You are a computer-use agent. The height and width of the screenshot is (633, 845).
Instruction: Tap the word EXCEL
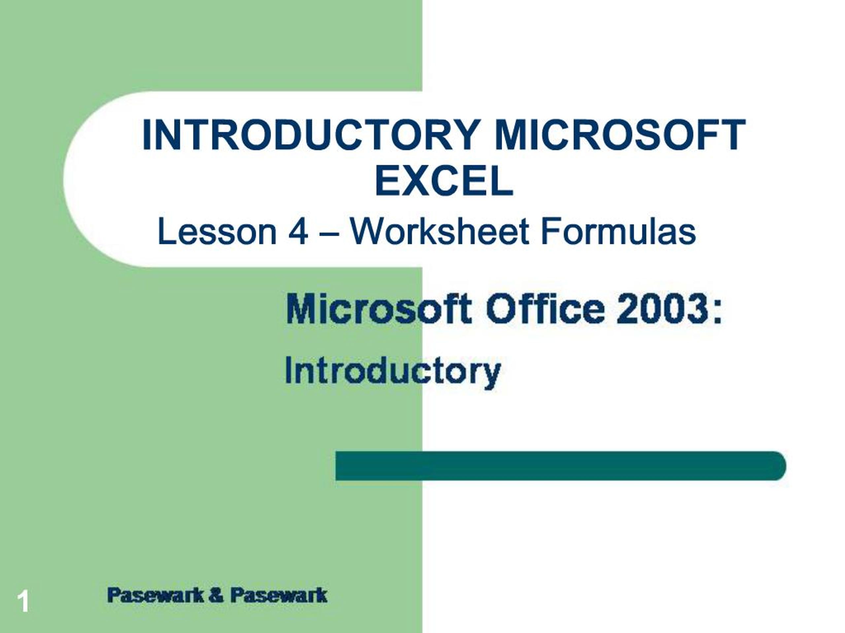(444, 182)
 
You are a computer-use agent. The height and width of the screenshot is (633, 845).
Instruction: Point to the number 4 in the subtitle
(298, 231)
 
